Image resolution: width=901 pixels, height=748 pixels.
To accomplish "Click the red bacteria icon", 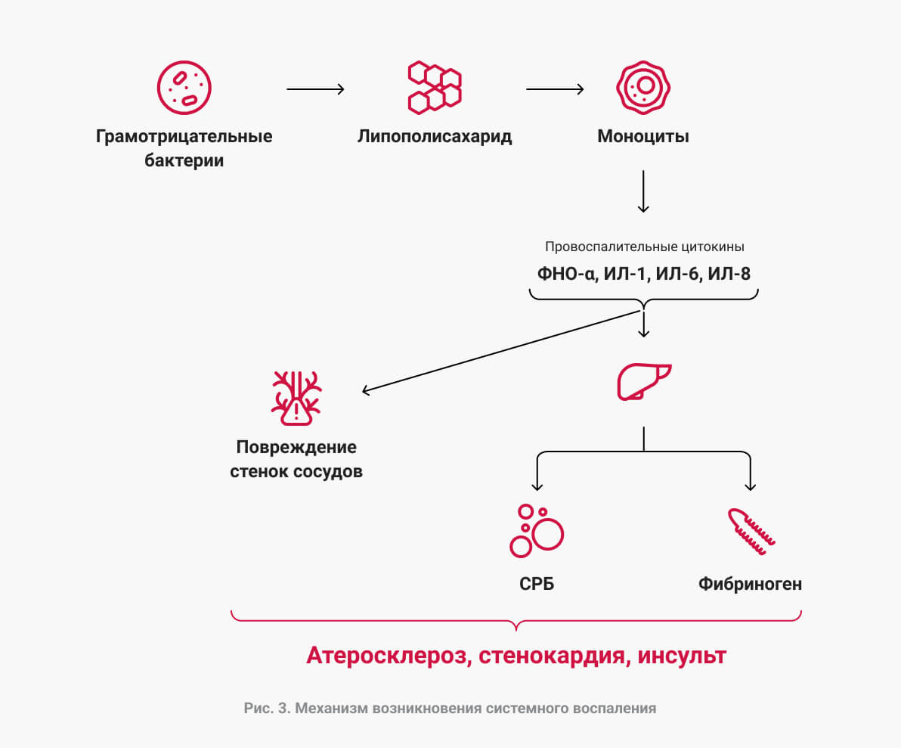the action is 184,88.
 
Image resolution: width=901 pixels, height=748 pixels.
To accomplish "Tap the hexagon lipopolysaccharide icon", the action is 435,88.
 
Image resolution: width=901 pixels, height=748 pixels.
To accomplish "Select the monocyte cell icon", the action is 643,88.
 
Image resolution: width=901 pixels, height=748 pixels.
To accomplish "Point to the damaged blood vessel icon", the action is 296,398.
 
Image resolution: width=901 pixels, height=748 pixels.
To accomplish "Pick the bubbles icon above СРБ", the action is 537,531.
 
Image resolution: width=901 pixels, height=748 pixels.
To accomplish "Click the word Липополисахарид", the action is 435,136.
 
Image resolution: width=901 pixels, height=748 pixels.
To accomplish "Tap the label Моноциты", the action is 643,136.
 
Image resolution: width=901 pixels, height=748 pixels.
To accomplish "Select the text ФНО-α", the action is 567,274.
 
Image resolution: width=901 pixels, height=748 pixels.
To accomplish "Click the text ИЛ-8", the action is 729,274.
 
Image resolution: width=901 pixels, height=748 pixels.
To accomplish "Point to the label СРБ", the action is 537,584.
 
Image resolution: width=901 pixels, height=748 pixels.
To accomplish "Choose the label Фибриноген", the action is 751,584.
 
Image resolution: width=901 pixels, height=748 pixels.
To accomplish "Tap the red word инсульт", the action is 682,656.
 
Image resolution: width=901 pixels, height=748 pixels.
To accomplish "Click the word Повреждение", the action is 296,447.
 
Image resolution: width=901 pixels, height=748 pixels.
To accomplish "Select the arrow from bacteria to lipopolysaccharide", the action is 315,89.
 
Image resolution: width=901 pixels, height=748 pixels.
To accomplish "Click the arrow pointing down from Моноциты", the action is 643,191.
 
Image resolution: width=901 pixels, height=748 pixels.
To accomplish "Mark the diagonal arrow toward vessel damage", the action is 501,352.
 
